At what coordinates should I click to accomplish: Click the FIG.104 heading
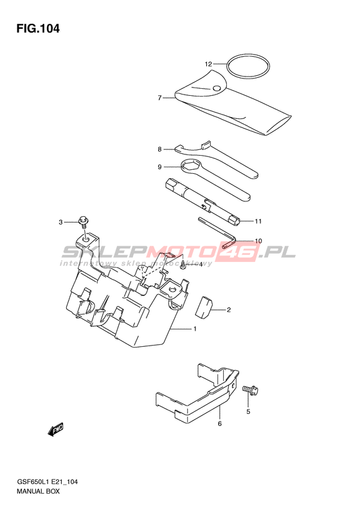[x=39, y=29]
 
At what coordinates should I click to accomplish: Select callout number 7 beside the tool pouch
[x=159, y=98]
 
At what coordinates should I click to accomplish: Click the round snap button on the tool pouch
[x=217, y=88]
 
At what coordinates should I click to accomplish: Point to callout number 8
[x=159, y=149]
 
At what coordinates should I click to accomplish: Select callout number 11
[x=258, y=221]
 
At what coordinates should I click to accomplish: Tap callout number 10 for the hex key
[x=258, y=241]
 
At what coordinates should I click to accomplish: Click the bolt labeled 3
[x=84, y=222]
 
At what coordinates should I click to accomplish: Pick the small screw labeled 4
[x=183, y=265]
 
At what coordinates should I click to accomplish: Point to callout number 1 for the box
[x=195, y=329]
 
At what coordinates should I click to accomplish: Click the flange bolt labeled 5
[x=250, y=389]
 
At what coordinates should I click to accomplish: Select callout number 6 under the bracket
[x=220, y=423]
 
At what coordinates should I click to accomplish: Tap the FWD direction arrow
[x=55, y=430]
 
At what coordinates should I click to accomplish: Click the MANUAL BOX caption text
[x=39, y=492]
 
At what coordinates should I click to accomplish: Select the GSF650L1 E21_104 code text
[x=47, y=482]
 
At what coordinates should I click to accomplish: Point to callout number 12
[x=208, y=64]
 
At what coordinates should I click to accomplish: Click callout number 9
[x=159, y=167]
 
